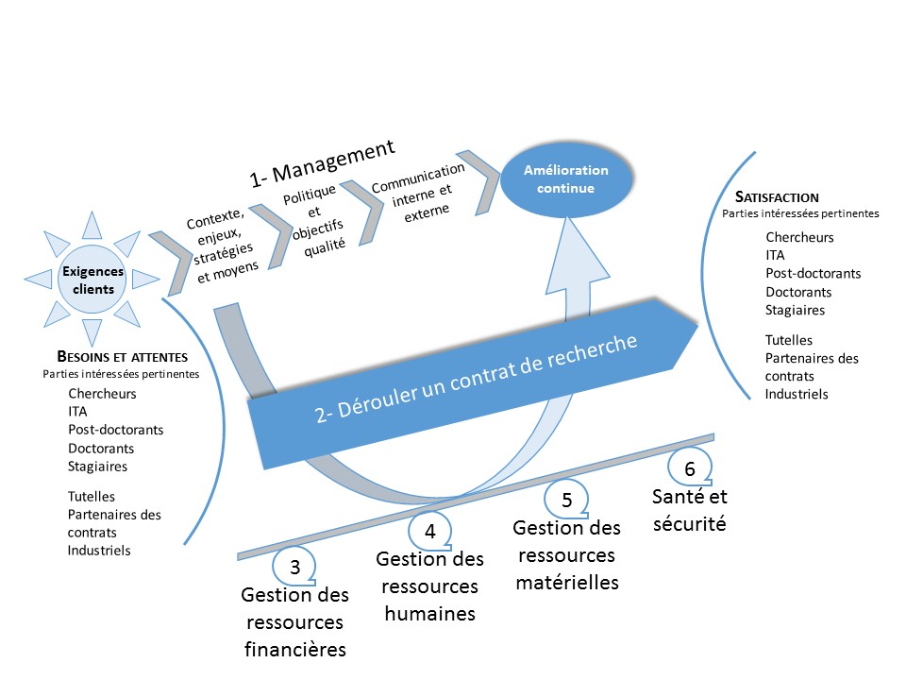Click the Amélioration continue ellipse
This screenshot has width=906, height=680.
click(x=565, y=179)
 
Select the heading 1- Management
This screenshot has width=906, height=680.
click(x=322, y=161)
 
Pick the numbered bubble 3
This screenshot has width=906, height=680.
click(x=294, y=567)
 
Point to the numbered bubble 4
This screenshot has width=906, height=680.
click(x=429, y=531)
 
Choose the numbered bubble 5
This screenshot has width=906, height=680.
click(x=567, y=498)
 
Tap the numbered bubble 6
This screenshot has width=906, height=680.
click(x=689, y=468)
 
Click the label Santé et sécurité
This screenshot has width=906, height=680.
click(x=690, y=509)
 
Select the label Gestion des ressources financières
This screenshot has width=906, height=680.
click(x=295, y=622)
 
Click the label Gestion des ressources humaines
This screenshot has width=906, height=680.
click(x=429, y=586)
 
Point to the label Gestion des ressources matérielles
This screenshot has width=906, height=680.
click(x=567, y=554)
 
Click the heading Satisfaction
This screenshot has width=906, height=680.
click(x=776, y=197)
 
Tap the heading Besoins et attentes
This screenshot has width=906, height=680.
click(x=122, y=357)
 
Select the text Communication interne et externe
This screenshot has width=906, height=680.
click(x=420, y=191)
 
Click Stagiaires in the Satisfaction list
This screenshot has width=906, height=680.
click(x=796, y=310)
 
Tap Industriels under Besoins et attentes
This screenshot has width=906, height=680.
click(x=99, y=550)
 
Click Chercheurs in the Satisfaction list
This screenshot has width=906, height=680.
click(x=799, y=237)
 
